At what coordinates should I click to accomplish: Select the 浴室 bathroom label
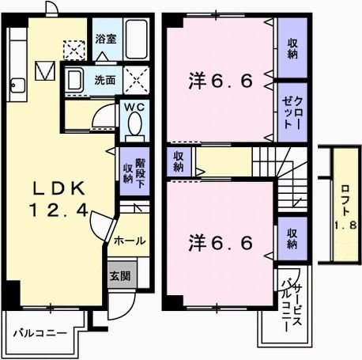coord(106,38)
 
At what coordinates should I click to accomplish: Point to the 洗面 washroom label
coord(105,80)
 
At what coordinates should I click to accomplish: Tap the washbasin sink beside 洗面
coord(76,80)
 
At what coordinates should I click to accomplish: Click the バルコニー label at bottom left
coord(40,333)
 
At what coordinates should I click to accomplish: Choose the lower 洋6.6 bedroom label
coord(221,242)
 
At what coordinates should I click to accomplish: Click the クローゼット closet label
coord(292,116)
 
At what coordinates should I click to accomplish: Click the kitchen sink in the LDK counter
coord(17,83)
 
